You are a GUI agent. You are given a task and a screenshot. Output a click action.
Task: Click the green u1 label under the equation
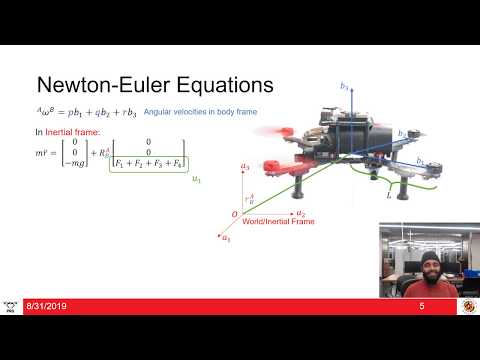(196, 179)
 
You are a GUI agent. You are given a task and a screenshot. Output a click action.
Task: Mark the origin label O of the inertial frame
(235, 215)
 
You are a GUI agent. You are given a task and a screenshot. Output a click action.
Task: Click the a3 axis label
(245, 165)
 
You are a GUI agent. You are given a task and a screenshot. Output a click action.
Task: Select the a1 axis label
(226, 238)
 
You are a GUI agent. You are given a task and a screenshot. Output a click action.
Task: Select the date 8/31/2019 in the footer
(46, 305)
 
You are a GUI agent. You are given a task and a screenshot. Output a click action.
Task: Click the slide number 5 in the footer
(423, 305)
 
